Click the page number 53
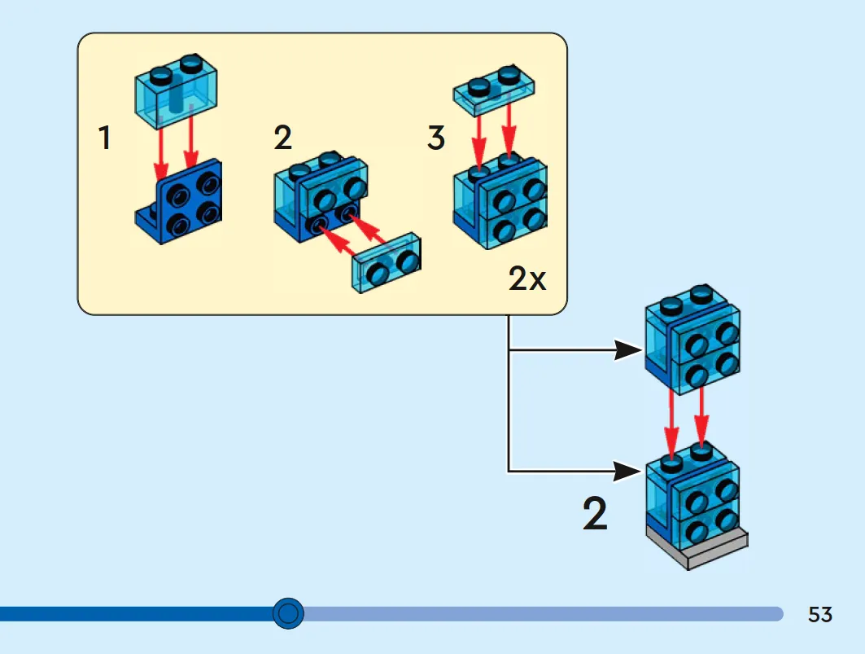pyautogui.click(x=819, y=614)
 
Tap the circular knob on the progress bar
pyautogui.click(x=288, y=613)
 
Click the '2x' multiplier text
pyautogui.click(x=527, y=278)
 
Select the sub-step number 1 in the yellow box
pyautogui.click(x=105, y=138)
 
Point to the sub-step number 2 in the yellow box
pyautogui.click(x=282, y=138)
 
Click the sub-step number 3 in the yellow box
pyautogui.click(x=436, y=138)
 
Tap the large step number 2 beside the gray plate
pyautogui.click(x=595, y=514)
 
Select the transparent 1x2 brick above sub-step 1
pyautogui.click(x=176, y=91)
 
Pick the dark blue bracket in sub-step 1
pyautogui.click(x=179, y=203)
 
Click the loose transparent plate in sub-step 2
pyautogui.click(x=387, y=263)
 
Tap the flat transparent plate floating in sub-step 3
pyautogui.click(x=494, y=90)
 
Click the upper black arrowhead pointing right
pyautogui.click(x=628, y=350)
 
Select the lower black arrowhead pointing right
pyautogui.click(x=628, y=472)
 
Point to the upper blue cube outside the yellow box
pyautogui.click(x=692, y=340)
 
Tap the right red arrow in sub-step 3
pyautogui.click(x=509, y=129)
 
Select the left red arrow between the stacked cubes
pyautogui.click(x=671, y=424)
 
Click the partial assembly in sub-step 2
pyautogui.click(x=321, y=196)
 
